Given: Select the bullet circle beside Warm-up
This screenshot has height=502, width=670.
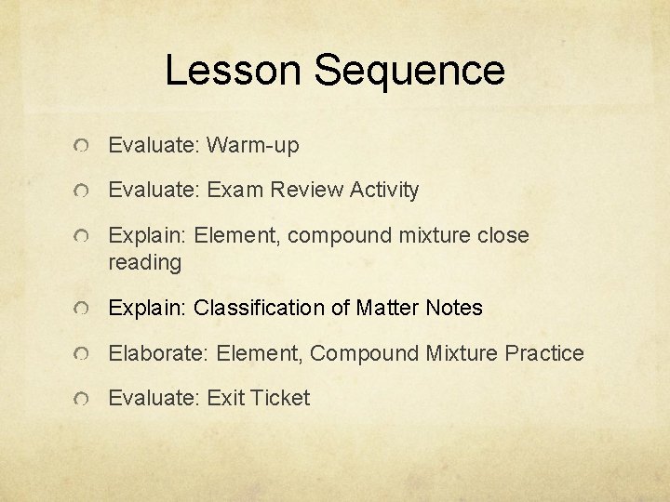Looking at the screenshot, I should click(84, 147).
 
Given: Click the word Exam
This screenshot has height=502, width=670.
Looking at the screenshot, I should click(235, 191).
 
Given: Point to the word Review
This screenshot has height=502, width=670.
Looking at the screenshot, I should click(307, 191).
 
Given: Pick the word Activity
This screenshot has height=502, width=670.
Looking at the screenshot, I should click(384, 191).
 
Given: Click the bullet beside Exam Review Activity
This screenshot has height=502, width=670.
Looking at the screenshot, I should click(84, 192).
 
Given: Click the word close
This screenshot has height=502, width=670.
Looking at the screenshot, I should click(503, 236).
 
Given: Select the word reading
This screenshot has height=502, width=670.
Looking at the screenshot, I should click(145, 263).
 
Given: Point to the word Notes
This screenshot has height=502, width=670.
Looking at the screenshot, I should click(455, 308).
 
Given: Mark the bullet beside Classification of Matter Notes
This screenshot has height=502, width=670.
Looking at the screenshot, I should click(84, 309).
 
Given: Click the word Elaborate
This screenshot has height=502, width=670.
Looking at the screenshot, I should click(159, 353).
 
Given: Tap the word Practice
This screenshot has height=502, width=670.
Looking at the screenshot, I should click(544, 353).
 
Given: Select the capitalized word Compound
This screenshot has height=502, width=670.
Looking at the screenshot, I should click(365, 353).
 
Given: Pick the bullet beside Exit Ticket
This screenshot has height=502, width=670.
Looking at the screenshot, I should click(84, 399).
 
